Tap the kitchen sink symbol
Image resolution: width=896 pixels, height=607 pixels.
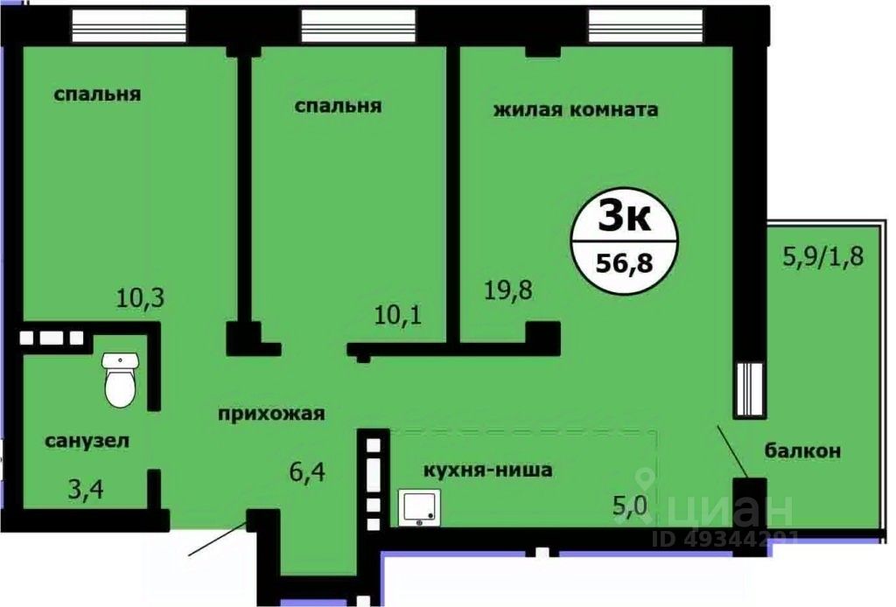[x=421, y=507]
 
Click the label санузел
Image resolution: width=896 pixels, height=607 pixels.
[x=87, y=441]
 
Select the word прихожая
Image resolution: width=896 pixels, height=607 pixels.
[x=271, y=415]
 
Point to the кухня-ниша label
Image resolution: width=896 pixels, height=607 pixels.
[x=487, y=470]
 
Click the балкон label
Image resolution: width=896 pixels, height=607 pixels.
[x=802, y=451]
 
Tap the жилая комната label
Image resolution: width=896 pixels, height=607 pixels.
[x=575, y=110]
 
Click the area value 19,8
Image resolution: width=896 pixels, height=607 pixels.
[x=508, y=289]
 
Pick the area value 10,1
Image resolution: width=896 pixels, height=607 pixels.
[x=398, y=312]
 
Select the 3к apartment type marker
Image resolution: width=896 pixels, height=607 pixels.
[x=624, y=215]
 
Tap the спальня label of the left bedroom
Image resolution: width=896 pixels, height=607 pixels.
[x=97, y=94]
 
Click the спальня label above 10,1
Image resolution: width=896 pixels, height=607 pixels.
[x=338, y=106]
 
